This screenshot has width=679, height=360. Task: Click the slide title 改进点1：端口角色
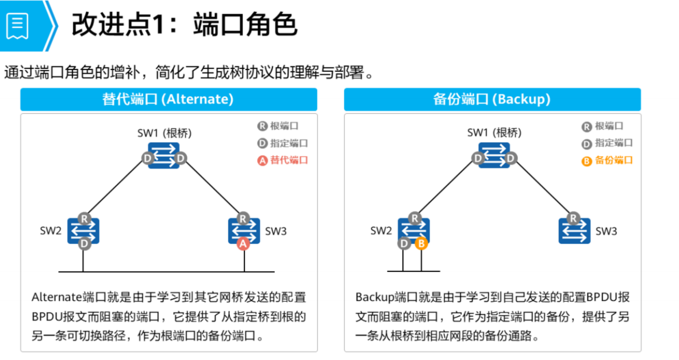pyautogui.click(x=184, y=25)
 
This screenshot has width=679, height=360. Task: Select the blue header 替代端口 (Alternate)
pyautogui.click(x=168, y=99)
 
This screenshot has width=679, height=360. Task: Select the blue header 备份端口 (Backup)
pyautogui.click(x=492, y=99)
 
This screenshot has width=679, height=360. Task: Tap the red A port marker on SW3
pyautogui.click(x=243, y=244)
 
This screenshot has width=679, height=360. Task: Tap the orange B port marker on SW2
pyautogui.click(x=421, y=244)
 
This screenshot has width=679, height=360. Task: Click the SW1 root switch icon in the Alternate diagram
pyautogui.click(x=164, y=156)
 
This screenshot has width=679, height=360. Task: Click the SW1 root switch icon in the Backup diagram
pyautogui.click(x=494, y=156)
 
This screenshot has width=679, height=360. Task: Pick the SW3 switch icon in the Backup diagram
pyautogui.click(x=574, y=231)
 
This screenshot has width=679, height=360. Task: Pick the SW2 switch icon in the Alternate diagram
pyautogui.click(x=83, y=231)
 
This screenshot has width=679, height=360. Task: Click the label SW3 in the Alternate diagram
pyautogui.click(x=276, y=231)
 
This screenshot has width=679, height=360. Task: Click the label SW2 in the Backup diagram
pyautogui.click(x=381, y=231)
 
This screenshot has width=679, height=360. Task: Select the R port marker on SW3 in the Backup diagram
pyautogui.click(x=573, y=218)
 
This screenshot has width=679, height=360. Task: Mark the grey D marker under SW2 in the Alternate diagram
pyautogui.click(x=85, y=244)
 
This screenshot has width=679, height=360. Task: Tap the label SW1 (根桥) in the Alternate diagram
pyautogui.click(x=164, y=133)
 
